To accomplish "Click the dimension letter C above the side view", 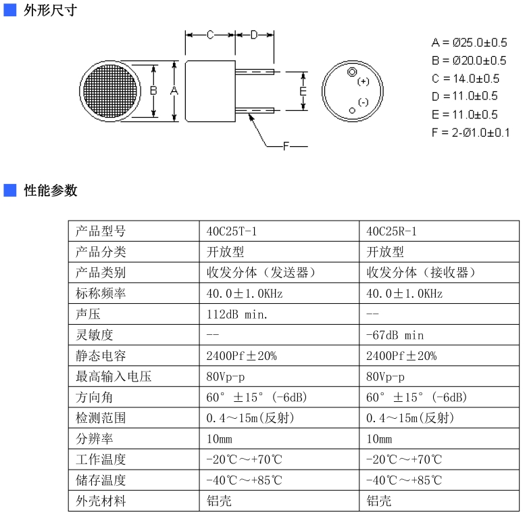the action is click(x=210, y=35).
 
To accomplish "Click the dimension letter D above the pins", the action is click(x=254, y=35).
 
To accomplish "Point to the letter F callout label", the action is click(x=286, y=146).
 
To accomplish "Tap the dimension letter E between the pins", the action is click(x=303, y=91).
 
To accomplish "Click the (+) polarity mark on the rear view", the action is click(x=363, y=81).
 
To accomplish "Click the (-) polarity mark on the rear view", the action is click(x=363, y=102).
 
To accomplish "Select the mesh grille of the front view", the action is click(x=110, y=91).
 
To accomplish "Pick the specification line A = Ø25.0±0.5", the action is click(x=469, y=43).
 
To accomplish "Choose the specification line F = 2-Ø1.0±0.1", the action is click(x=470, y=133).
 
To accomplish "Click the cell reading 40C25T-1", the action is click(x=231, y=231).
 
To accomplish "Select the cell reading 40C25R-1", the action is click(x=391, y=231).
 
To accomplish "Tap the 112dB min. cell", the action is click(x=236, y=315).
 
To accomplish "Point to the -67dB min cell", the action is click(x=395, y=335).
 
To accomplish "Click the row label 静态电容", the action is click(x=101, y=356).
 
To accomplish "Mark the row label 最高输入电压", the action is click(x=114, y=376).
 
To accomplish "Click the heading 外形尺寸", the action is click(x=51, y=10).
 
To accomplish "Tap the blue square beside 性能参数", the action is click(x=10, y=190).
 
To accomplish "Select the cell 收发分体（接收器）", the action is click(x=421, y=273).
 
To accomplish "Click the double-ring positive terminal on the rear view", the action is click(x=352, y=72).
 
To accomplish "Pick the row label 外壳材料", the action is click(x=101, y=501).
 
